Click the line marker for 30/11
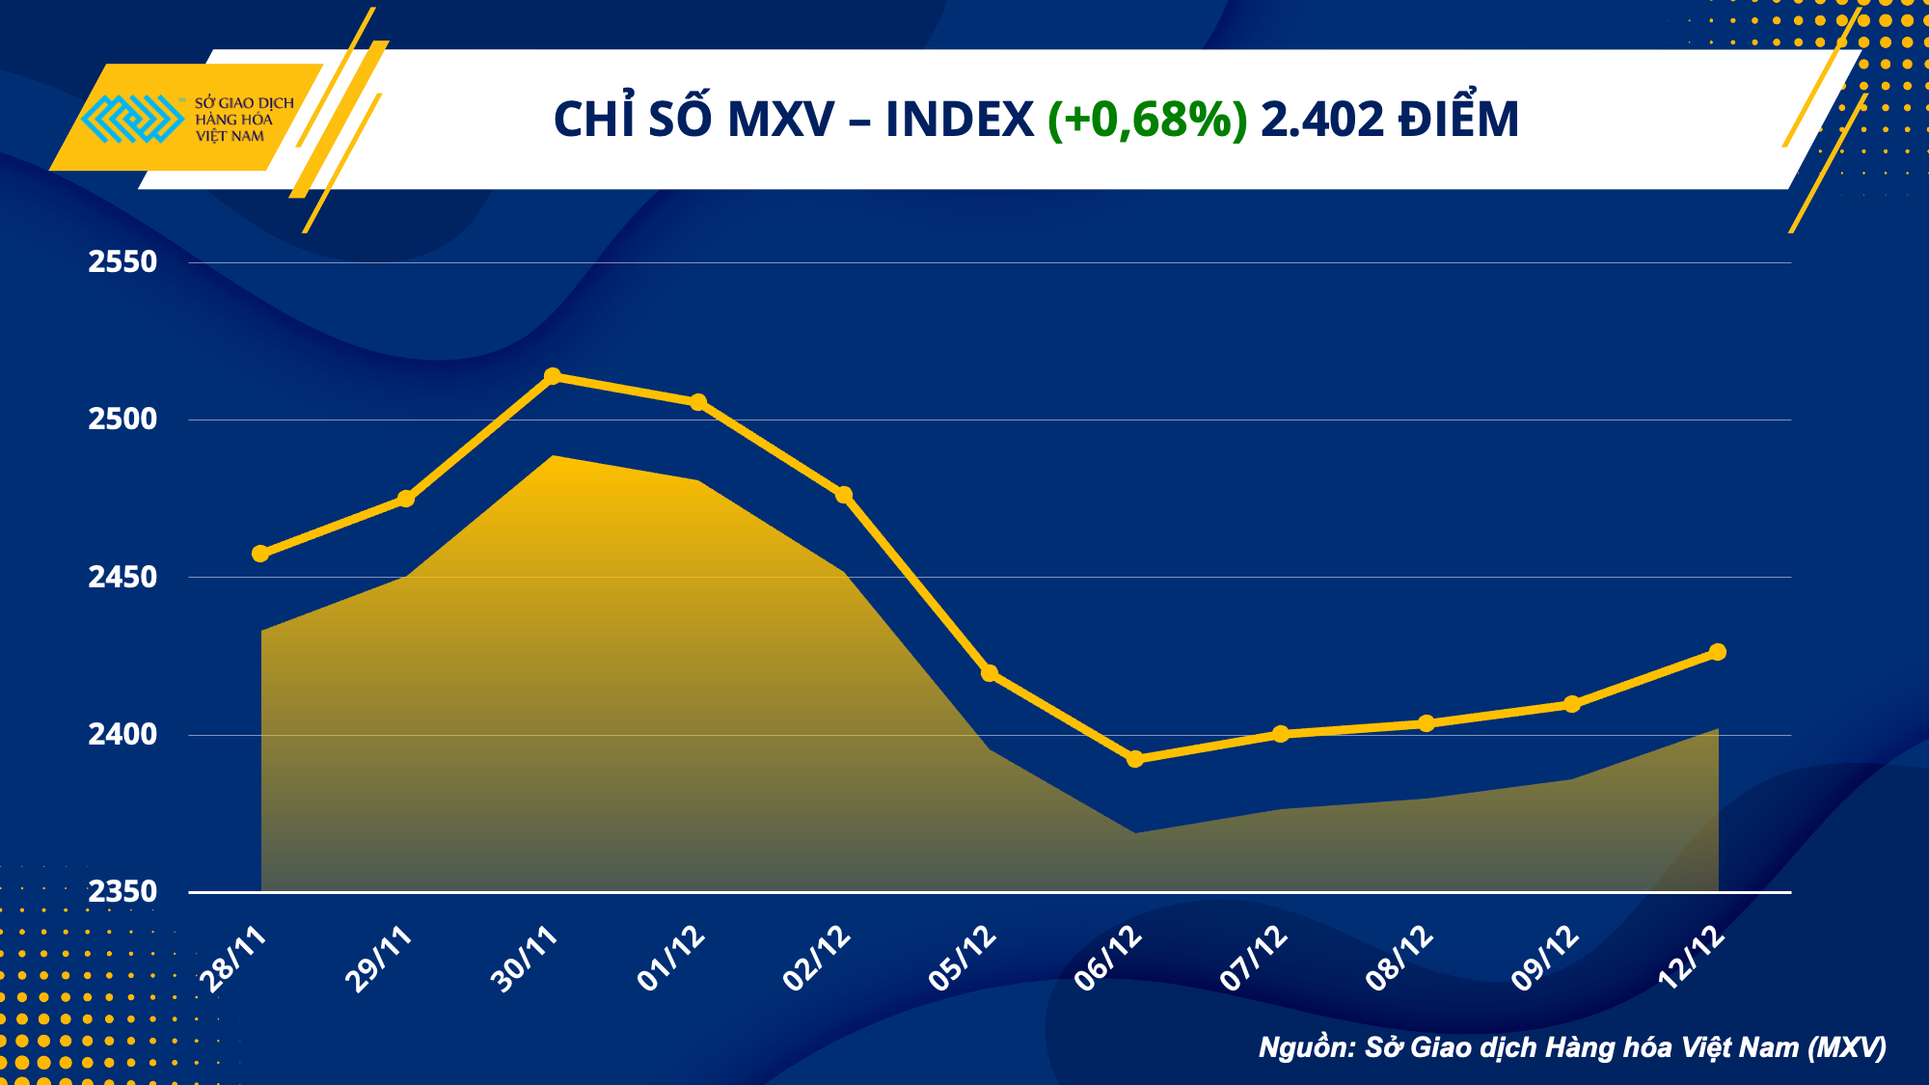pyautogui.click(x=553, y=376)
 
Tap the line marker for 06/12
pyautogui.click(x=1135, y=759)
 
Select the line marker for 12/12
pyautogui.click(x=1718, y=652)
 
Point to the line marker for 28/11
pyautogui.click(x=260, y=554)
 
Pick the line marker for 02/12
pyautogui.click(x=844, y=495)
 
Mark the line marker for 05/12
pyautogui.click(x=990, y=673)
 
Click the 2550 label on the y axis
pyautogui.click(x=122, y=261)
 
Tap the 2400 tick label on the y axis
pyautogui.click(x=122, y=734)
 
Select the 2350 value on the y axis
pyautogui.click(x=122, y=891)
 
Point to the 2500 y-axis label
pyautogui.click(x=122, y=419)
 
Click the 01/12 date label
pyautogui.click(x=671, y=959)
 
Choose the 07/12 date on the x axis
pyautogui.click(x=1254, y=959)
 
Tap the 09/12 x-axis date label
pyautogui.click(x=1545, y=959)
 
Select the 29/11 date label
pyautogui.click(x=379, y=959)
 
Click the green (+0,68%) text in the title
pyautogui.click(x=1147, y=120)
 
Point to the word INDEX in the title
pyautogui.click(x=960, y=120)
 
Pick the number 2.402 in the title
pyautogui.click(x=1322, y=120)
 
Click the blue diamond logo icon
pyautogui.click(x=132, y=119)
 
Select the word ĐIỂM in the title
pyautogui.click(x=1459, y=120)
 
